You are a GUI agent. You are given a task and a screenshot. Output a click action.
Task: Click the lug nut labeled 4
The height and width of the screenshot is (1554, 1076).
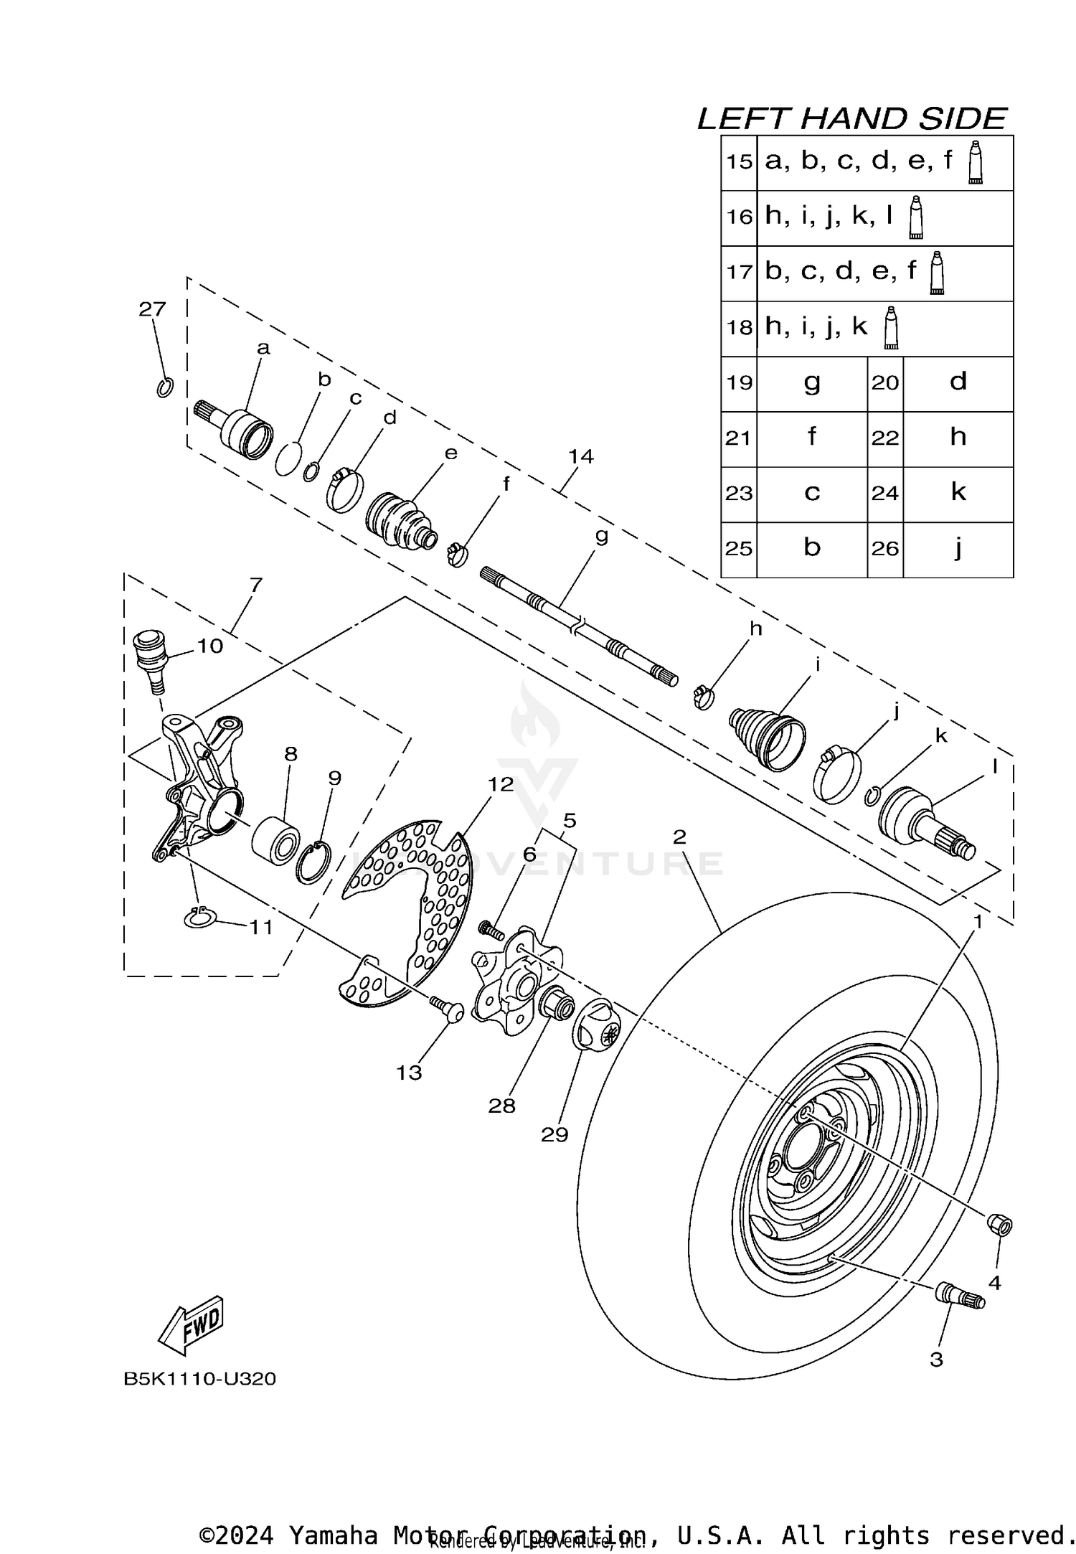click(x=1000, y=1224)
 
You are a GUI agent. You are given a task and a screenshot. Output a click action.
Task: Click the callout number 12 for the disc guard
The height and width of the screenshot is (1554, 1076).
click(x=501, y=784)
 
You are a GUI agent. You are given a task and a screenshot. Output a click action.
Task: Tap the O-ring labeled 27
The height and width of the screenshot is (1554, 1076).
click(x=165, y=387)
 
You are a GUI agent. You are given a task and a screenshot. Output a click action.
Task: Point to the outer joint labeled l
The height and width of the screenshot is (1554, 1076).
click(x=925, y=822)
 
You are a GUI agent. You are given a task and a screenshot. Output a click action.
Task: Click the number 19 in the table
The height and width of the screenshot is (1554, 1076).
click(x=739, y=382)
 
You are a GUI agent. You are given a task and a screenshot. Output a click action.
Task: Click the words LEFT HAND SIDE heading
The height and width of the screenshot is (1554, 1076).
click(x=852, y=118)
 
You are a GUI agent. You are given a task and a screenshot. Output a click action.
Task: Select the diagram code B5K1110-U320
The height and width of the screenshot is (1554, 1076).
click(x=199, y=1379)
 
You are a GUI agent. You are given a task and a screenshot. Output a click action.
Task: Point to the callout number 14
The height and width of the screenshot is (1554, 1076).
click(x=580, y=456)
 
